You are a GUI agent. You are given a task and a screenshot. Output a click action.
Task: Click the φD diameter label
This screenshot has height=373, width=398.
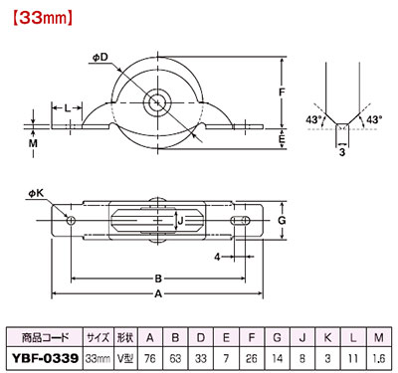(x=100, y=58)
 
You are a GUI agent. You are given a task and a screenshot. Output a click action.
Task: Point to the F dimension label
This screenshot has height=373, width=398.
(x=282, y=92)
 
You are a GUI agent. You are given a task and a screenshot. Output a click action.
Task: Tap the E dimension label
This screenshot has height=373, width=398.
(x=282, y=138)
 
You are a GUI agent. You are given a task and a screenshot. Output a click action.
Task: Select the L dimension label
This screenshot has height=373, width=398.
(x=68, y=107)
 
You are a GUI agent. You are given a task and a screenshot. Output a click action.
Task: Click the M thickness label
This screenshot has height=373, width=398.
(x=33, y=143)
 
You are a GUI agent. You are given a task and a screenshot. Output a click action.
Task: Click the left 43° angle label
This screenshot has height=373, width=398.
(x=313, y=119)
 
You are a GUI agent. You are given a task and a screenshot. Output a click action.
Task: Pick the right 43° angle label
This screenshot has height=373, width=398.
(x=374, y=119)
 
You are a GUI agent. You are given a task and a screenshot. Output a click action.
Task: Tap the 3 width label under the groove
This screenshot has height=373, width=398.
(x=342, y=152)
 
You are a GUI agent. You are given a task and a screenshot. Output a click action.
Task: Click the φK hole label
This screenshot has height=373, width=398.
(x=36, y=193)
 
